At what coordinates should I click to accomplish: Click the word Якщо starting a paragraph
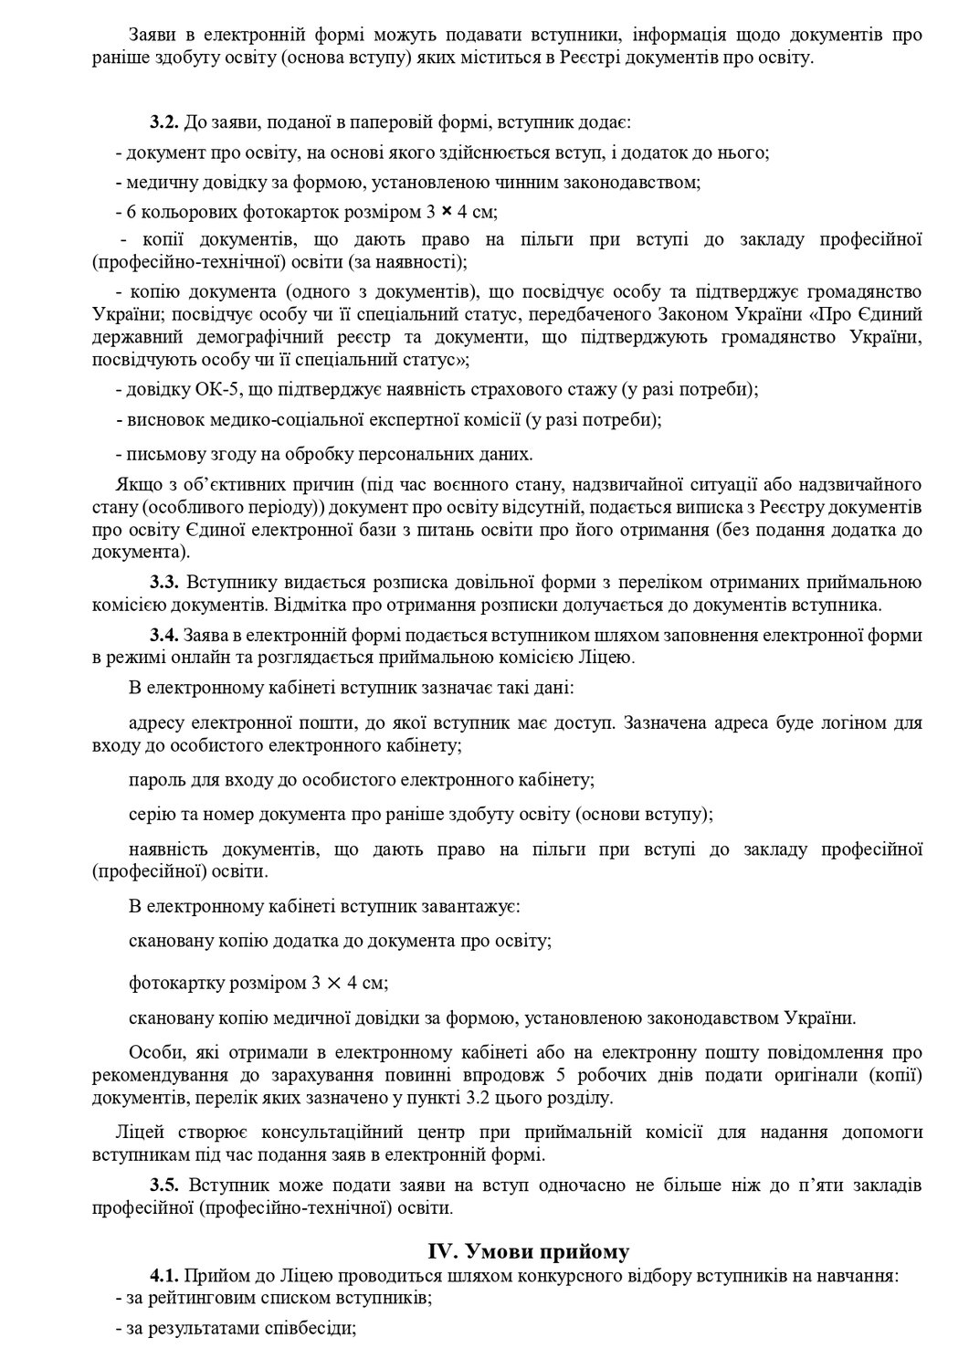[x=134, y=483]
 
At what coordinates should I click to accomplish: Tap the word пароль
[x=154, y=781]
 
